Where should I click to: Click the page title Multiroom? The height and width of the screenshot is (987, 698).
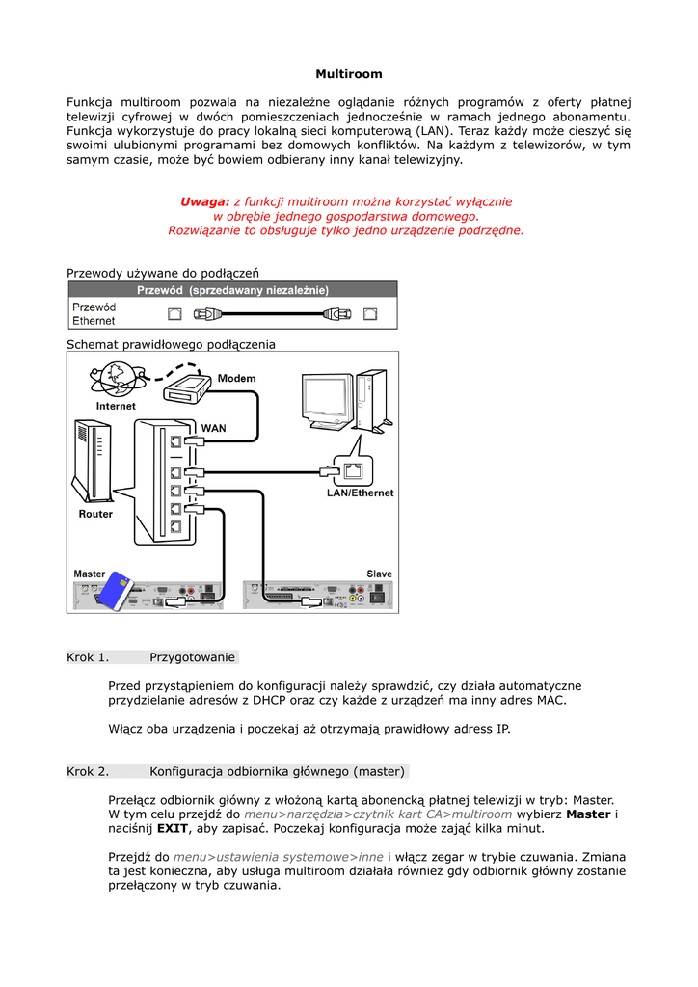(349, 74)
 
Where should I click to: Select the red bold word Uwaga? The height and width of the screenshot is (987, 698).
(204, 201)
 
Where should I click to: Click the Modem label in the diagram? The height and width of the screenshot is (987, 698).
(236, 378)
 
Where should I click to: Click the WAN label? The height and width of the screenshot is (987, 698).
(213, 427)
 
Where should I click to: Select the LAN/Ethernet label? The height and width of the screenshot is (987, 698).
(360, 493)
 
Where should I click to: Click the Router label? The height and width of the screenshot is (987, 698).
(95, 514)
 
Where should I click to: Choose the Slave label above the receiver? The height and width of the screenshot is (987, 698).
(379, 574)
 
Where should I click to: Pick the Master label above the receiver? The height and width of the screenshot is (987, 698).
(90, 574)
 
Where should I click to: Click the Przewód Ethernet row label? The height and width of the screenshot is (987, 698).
(94, 313)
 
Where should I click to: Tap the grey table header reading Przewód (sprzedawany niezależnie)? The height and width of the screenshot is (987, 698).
(232, 289)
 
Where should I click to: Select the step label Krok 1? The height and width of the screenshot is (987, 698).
(88, 657)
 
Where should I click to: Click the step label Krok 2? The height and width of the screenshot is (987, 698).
(88, 771)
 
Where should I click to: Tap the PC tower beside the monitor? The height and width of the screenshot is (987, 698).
(369, 397)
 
